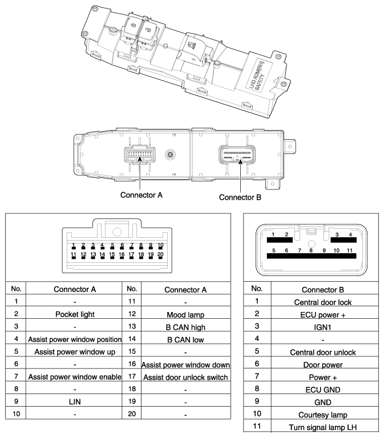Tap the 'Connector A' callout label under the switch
tap(141, 194)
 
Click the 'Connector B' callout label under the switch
tap(240, 198)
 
